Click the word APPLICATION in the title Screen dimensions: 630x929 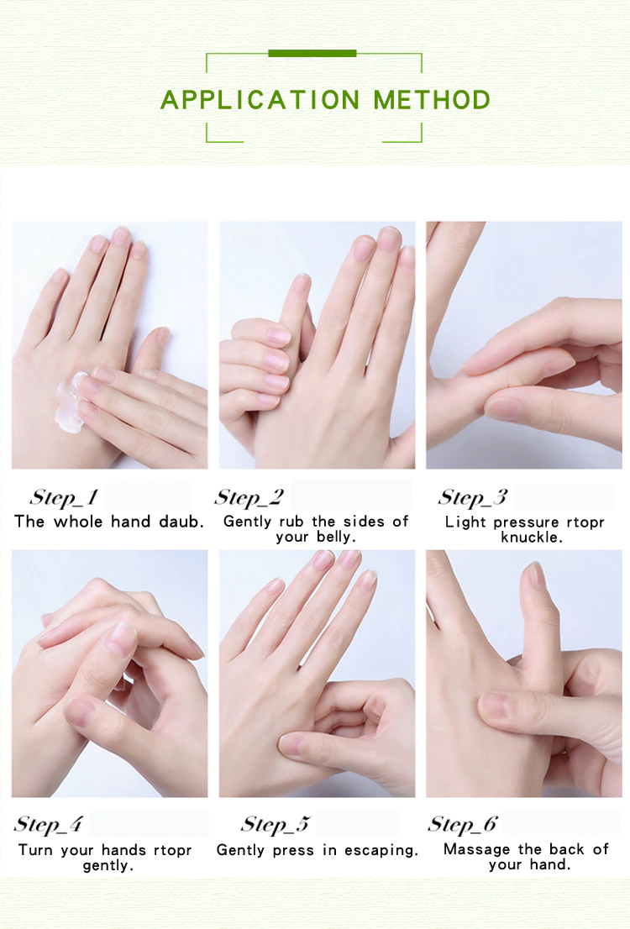point(260,100)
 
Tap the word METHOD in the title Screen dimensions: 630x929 point(432,100)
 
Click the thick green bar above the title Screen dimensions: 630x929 point(312,53)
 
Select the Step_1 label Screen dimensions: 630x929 point(64,497)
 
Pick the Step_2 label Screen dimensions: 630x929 point(249,497)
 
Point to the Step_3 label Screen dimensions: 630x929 point(473,497)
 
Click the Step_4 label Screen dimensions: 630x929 point(49,823)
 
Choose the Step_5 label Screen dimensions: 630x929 point(276,823)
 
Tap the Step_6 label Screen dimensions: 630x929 point(463,823)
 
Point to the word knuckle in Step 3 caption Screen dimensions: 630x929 point(531,538)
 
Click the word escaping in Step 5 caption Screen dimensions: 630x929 point(381,851)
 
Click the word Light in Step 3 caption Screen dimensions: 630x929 point(466,522)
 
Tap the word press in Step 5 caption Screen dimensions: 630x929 point(293,852)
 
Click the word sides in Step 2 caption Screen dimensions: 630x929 point(364,522)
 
